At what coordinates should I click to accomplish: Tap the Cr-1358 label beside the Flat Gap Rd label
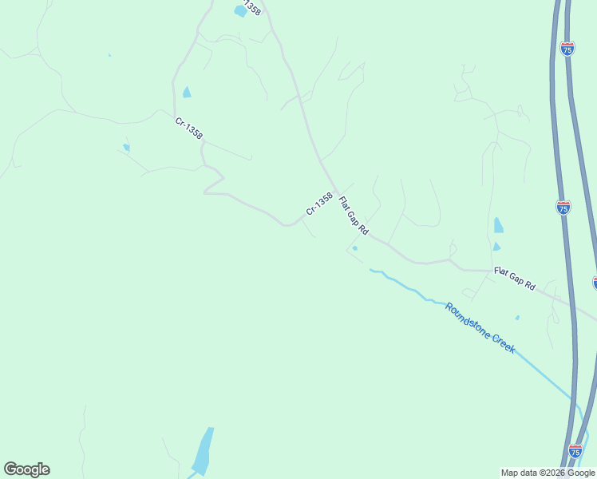318,204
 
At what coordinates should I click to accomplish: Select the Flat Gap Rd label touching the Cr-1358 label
354,215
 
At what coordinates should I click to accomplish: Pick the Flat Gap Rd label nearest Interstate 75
514,279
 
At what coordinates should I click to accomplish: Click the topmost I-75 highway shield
567,49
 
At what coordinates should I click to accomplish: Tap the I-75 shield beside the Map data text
575,451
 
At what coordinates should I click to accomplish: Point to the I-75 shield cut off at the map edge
595,283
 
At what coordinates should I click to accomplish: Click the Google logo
26,469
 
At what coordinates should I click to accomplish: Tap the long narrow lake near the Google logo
204,451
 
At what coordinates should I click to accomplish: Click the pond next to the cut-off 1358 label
240,11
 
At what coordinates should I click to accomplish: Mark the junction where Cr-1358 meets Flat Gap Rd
325,165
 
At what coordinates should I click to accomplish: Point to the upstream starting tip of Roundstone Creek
371,270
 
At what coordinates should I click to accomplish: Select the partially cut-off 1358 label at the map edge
251,7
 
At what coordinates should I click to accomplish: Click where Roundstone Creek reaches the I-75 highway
571,397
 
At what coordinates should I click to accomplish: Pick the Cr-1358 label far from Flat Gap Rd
189,128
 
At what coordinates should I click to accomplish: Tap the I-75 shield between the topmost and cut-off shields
563,207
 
